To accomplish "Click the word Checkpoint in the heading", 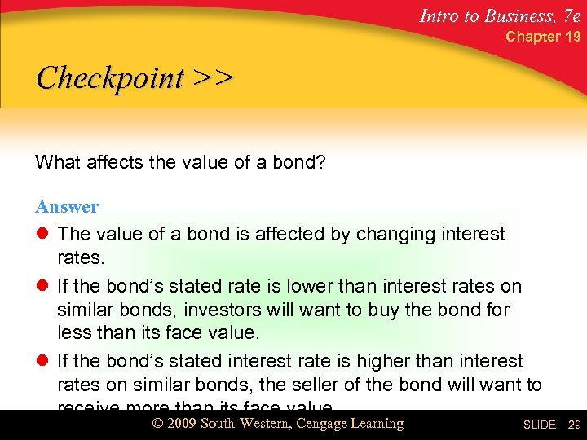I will pos(110,79).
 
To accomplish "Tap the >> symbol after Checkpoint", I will pos(214,78).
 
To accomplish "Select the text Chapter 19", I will pos(543,37).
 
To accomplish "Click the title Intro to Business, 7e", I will pos(499,14).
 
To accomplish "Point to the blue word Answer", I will pos(67,207).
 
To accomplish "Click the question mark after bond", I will pos(320,163).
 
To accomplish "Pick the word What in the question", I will pos(56,163).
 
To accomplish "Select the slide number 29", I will pos(574,425).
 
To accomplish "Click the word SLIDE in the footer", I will pos(539,425).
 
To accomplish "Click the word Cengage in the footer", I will pos(322,424).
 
